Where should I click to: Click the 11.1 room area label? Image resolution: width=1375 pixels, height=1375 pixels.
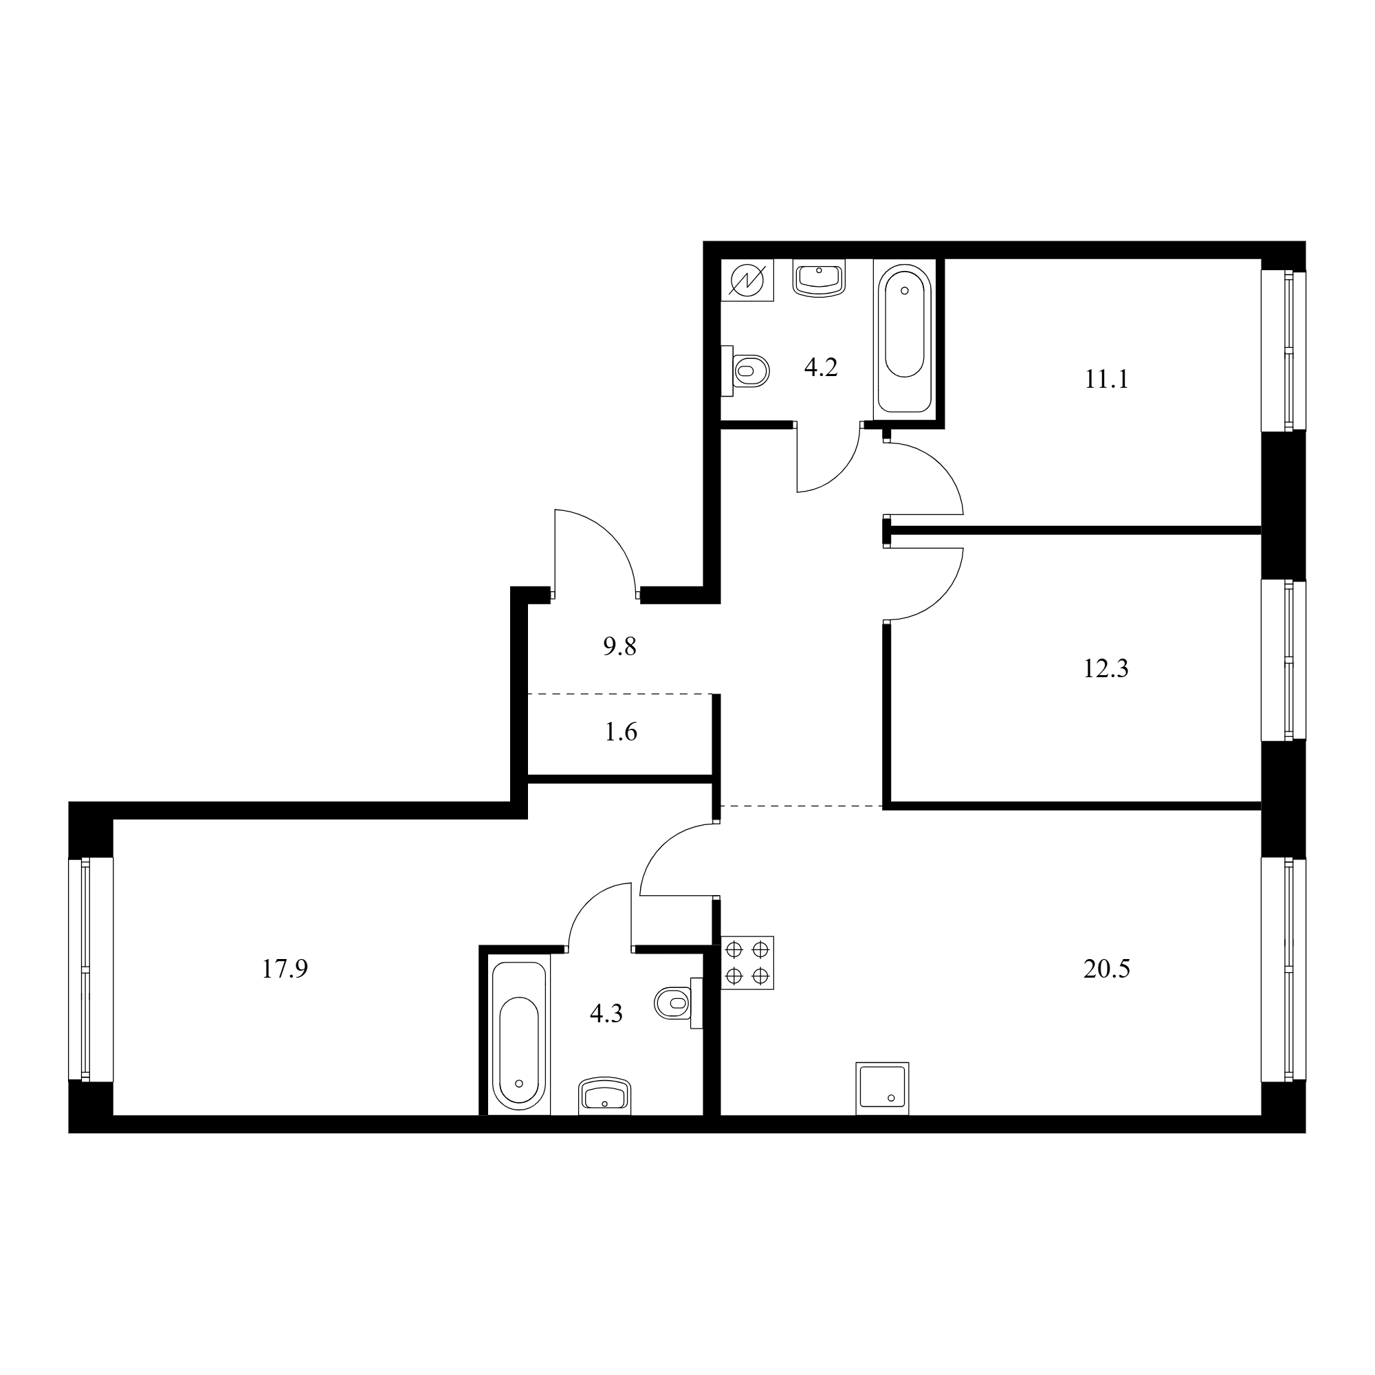1107,380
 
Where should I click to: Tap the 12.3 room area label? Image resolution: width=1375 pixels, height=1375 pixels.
1106,669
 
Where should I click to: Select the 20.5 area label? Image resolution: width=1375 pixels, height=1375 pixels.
1107,969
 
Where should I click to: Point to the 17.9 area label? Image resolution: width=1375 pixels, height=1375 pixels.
285,969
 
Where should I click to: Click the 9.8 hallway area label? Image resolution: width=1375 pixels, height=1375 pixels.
620,647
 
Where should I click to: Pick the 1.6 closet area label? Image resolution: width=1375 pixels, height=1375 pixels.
621,732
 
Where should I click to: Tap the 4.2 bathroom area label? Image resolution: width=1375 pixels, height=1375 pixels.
821,367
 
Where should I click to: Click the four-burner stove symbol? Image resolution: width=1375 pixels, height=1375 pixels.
747,963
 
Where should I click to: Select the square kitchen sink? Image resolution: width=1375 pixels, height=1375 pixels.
883,1089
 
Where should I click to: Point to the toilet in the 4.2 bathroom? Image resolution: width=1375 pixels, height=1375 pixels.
745,370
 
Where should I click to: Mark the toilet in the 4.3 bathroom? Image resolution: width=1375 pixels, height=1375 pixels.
679,1003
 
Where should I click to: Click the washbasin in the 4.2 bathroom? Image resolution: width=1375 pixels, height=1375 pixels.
819,278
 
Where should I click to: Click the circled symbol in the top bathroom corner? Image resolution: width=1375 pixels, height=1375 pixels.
747,280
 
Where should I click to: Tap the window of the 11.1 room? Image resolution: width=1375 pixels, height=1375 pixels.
1284,350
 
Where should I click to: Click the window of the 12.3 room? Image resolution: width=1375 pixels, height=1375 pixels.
1284,661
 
